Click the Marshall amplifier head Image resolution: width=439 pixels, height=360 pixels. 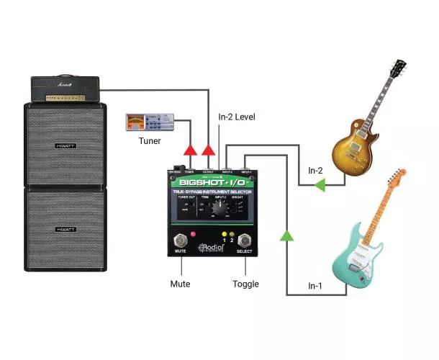click(x=69, y=89)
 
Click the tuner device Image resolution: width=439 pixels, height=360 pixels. click(x=150, y=122)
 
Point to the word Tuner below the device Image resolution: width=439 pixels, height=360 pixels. click(x=150, y=140)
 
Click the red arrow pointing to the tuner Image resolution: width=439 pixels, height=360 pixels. click(x=190, y=150)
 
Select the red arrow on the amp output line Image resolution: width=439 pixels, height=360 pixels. click(x=209, y=150)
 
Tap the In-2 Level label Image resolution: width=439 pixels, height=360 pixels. click(x=237, y=117)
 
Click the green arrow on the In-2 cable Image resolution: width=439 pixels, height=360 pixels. click(x=319, y=186)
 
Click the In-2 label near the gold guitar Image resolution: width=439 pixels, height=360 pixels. click(x=316, y=171)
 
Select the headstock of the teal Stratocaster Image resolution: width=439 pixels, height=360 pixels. click(x=397, y=178)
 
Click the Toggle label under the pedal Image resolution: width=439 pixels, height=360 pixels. click(x=246, y=284)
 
